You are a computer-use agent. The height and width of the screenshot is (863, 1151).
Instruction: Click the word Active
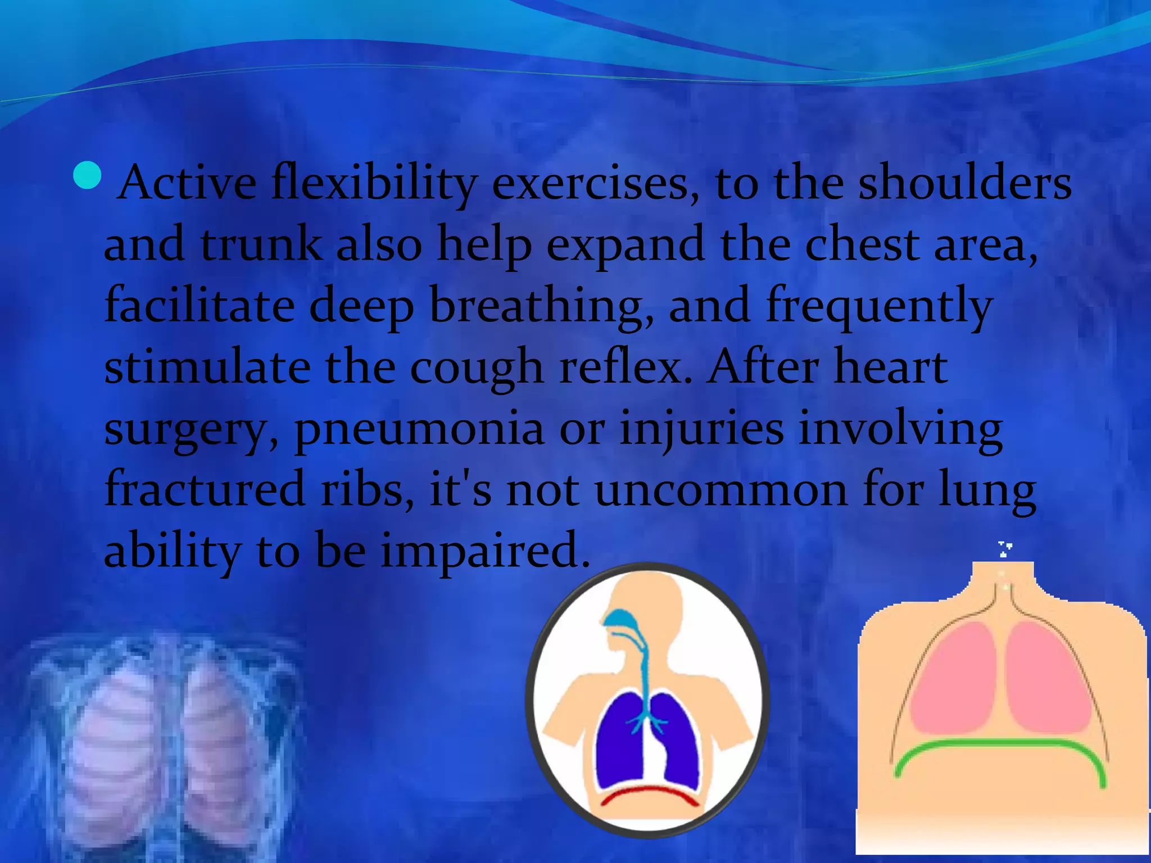(x=187, y=183)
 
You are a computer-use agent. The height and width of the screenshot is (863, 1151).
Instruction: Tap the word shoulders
(x=964, y=183)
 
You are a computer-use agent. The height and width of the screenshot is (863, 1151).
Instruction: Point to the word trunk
(x=261, y=245)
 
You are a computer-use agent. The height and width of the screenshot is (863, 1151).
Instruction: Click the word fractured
(x=205, y=489)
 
